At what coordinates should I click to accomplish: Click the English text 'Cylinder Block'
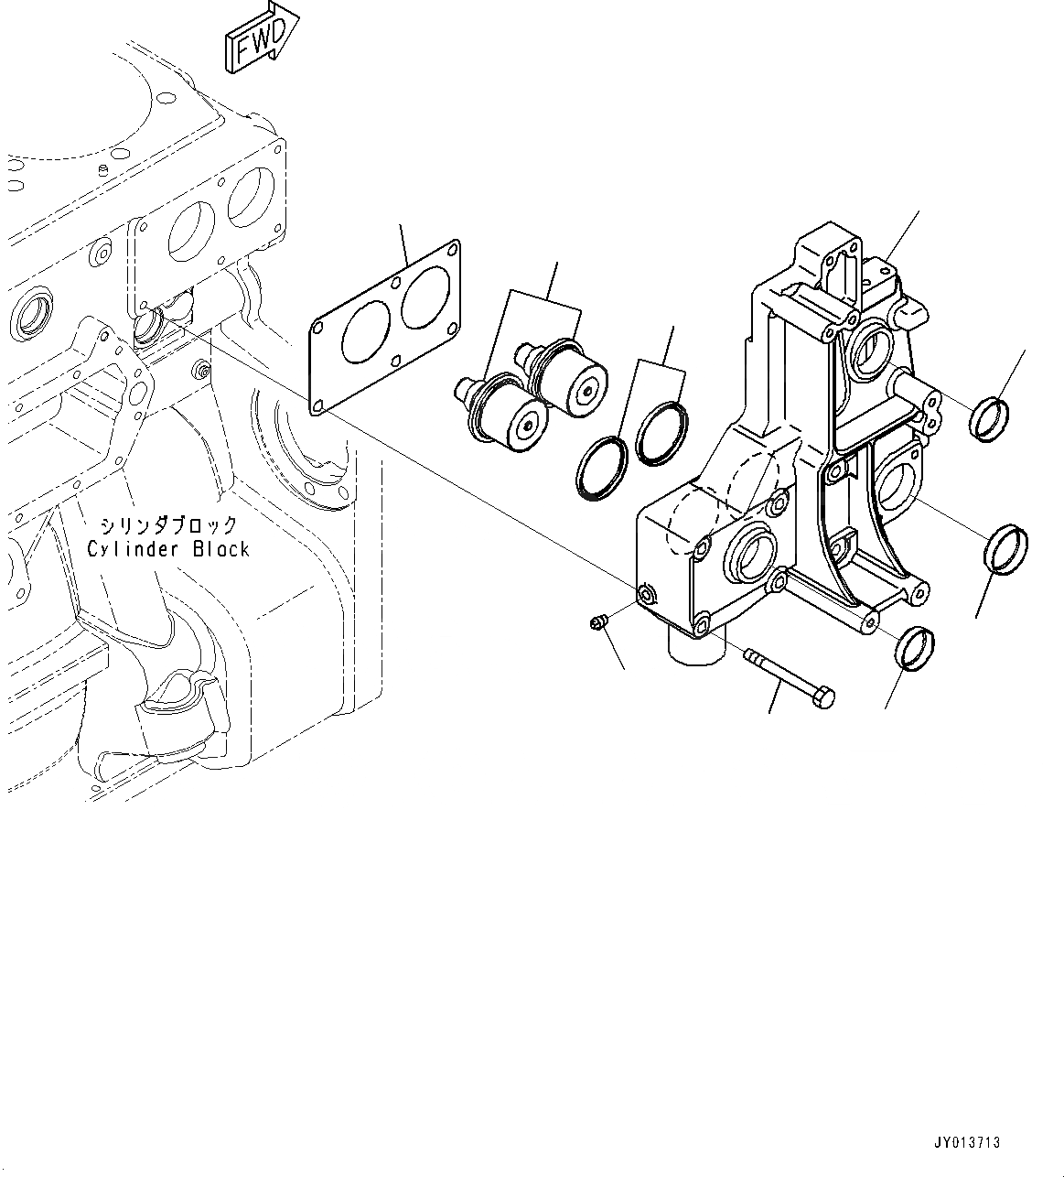(x=168, y=549)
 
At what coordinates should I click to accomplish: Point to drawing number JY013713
(x=967, y=1143)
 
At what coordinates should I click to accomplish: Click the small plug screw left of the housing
(x=596, y=624)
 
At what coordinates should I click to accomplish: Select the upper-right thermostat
(x=567, y=375)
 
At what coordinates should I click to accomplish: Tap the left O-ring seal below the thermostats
(x=602, y=469)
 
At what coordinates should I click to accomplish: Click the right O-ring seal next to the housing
(x=662, y=431)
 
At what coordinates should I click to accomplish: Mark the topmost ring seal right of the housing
(x=990, y=418)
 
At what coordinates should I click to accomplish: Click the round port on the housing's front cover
(x=752, y=556)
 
